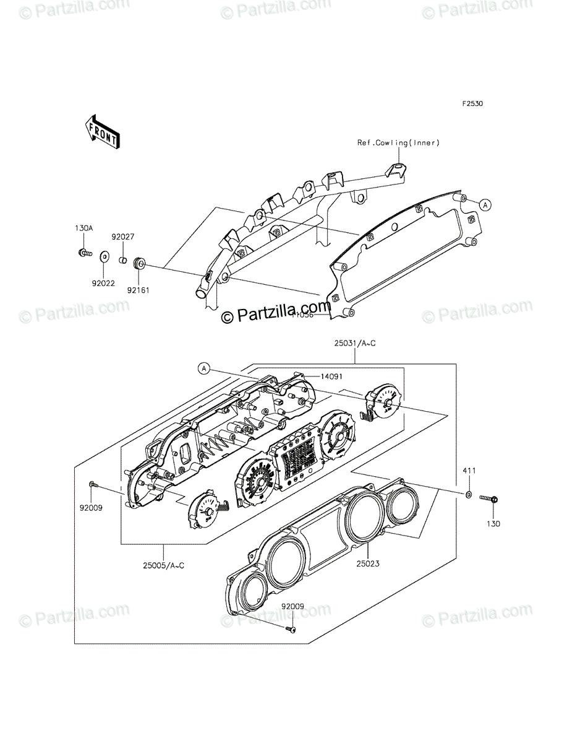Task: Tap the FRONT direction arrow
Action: pyautogui.click(x=103, y=132)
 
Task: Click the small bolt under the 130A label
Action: pyautogui.click(x=85, y=253)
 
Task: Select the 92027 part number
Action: pyautogui.click(x=122, y=237)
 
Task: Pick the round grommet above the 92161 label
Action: pyautogui.click(x=139, y=265)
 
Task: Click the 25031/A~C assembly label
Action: pyautogui.click(x=355, y=342)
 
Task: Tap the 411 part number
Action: pyautogui.click(x=470, y=472)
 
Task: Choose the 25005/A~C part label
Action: pyautogui.click(x=163, y=564)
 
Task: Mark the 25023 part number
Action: pyautogui.click(x=367, y=564)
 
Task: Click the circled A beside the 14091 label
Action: pyautogui.click(x=203, y=369)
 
